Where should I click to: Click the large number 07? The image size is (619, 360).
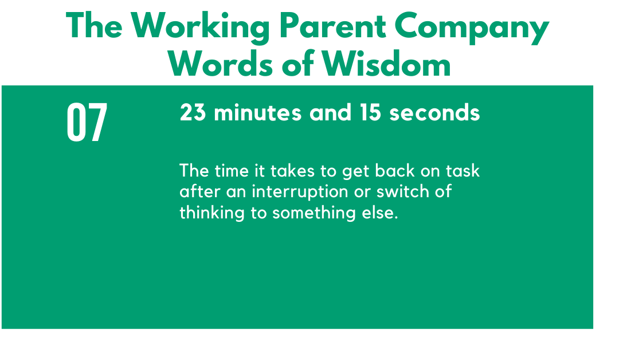point(87,122)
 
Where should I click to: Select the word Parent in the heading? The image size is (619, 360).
point(332,26)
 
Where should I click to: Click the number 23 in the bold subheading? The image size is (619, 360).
point(193,112)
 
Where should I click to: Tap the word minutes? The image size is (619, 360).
point(258,112)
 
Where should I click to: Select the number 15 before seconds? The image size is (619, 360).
point(370,112)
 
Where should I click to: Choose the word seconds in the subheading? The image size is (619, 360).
point(434,112)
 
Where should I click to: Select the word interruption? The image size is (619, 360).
point(300,192)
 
